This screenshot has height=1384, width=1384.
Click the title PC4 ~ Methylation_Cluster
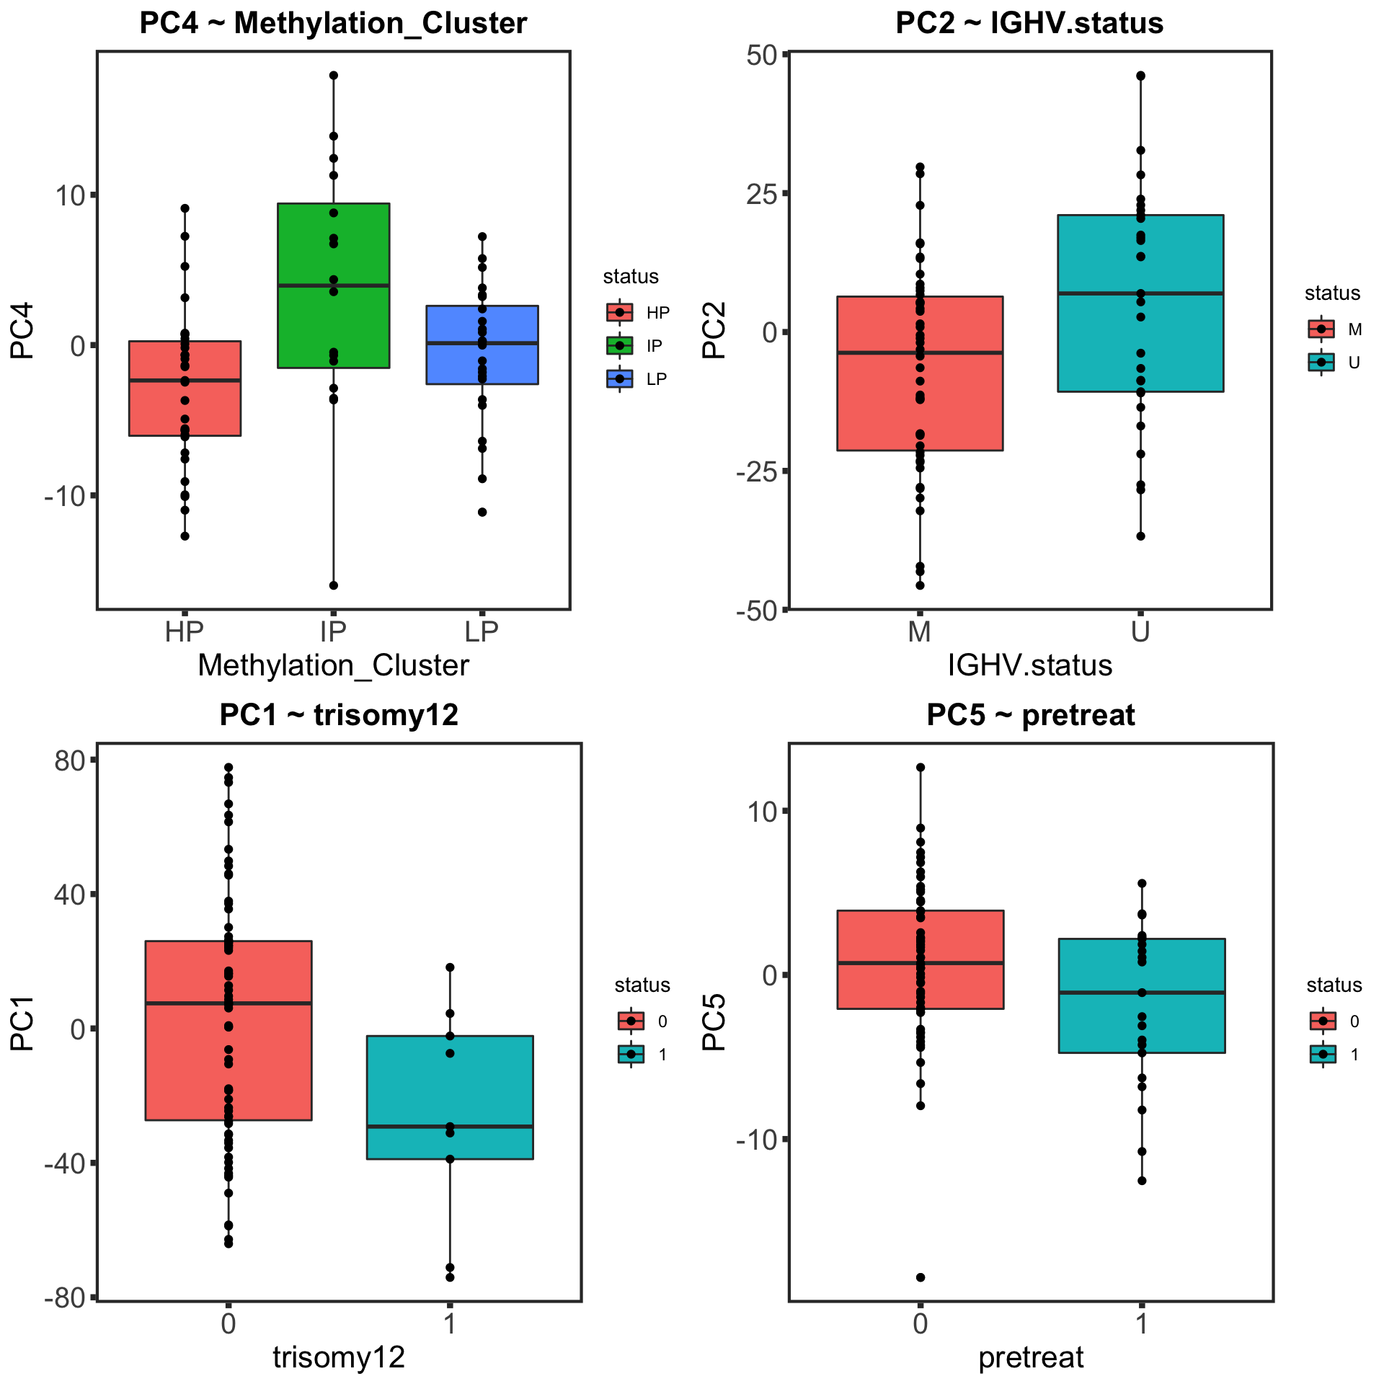click(333, 23)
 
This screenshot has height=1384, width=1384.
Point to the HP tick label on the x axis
click(185, 631)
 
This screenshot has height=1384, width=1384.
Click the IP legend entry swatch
click(620, 346)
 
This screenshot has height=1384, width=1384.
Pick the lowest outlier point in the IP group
click(334, 585)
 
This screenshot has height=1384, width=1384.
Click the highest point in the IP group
click(334, 75)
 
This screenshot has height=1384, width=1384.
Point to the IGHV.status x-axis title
click(1030, 665)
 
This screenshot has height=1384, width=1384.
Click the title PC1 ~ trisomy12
click(339, 715)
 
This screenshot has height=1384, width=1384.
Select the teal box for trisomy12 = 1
click(490, 1081)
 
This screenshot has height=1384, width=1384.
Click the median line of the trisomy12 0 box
click(274, 1003)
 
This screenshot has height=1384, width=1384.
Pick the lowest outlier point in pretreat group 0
click(921, 1277)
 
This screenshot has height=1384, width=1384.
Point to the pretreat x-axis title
click(1031, 1357)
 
